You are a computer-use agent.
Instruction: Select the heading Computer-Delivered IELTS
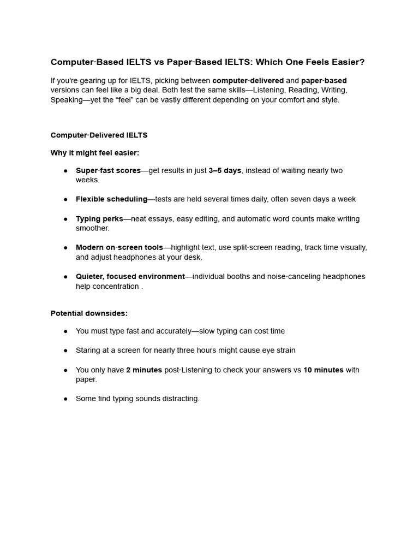point(99,135)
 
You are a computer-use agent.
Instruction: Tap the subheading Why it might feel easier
point(95,153)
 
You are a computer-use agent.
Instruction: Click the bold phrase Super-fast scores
point(108,170)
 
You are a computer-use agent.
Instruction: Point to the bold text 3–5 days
point(225,170)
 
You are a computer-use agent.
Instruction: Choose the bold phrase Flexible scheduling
point(111,199)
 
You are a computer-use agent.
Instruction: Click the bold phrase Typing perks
point(99,219)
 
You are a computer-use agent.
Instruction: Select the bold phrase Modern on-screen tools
point(119,247)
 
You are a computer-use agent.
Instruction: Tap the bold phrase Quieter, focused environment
point(130,277)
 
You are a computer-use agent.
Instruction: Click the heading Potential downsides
point(89,313)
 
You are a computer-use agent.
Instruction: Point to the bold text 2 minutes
point(144,370)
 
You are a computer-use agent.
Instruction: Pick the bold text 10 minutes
point(324,370)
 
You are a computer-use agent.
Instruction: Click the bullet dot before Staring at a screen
point(65,350)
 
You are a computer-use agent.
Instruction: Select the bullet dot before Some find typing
point(65,399)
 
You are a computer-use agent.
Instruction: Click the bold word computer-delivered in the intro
point(248,81)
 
